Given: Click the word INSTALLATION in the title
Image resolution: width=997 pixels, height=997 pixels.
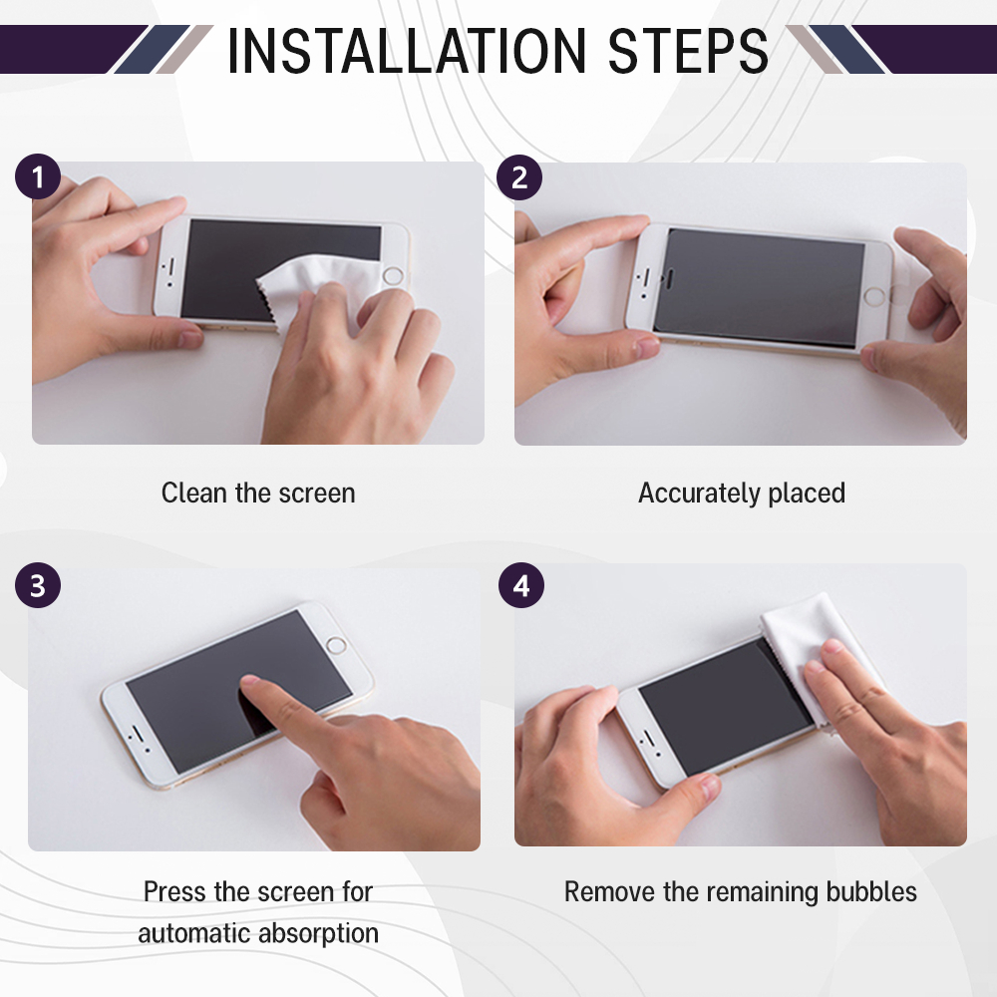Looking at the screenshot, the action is (x=406, y=50).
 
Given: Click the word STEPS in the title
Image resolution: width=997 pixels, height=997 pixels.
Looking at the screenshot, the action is (x=689, y=50).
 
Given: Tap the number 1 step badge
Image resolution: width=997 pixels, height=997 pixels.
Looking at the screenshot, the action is (x=38, y=176).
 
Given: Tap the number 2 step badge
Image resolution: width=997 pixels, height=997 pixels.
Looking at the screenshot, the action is (x=519, y=177).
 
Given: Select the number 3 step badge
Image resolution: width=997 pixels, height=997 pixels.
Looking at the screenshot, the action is (x=38, y=585).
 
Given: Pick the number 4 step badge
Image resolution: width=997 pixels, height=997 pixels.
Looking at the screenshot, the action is (x=521, y=585).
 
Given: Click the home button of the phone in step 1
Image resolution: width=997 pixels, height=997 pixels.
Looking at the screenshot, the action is (x=393, y=276).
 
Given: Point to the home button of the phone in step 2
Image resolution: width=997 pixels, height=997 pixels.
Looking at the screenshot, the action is (x=875, y=296).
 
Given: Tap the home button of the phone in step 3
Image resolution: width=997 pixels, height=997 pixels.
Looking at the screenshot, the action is (x=336, y=646).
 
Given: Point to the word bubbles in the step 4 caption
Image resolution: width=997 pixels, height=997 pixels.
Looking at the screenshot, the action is (x=871, y=891).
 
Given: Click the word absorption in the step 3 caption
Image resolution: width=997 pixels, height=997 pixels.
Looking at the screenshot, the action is (x=319, y=934).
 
